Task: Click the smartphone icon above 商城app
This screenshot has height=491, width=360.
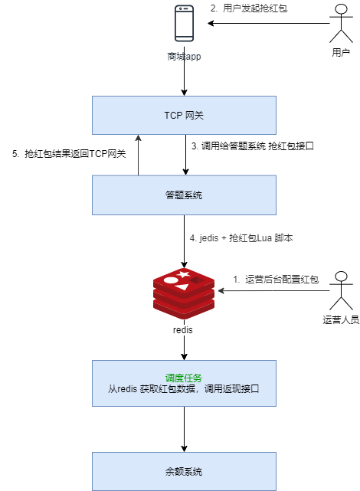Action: click(x=184, y=24)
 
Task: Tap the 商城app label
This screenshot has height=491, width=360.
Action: click(x=184, y=57)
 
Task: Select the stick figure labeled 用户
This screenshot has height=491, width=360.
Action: click(x=342, y=25)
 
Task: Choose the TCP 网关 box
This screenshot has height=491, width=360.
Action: click(x=184, y=116)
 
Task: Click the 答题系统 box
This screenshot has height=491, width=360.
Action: click(x=184, y=195)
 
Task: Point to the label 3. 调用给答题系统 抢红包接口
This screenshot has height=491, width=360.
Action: click(x=252, y=146)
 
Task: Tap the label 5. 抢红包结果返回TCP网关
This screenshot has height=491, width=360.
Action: click(x=69, y=153)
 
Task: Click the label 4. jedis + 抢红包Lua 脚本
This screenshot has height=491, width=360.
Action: click(x=241, y=238)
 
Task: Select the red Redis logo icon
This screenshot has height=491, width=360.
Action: click(x=184, y=292)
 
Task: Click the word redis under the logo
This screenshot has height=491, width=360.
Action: click(x=184, y=330)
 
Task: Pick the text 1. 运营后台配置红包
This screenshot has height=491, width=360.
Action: click(x=275, y=280)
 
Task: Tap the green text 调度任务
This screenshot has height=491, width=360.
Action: click(x=184, y=377)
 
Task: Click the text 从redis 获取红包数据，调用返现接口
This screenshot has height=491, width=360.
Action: click(x=184, y=389)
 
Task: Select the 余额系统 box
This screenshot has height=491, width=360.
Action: click(x=184, y=471)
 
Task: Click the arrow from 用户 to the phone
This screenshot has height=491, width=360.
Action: click(x=268, y=25)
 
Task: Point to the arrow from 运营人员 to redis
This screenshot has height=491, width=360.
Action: click(x=276, y=292)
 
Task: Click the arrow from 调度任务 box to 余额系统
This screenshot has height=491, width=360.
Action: click(x=184, y=429)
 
